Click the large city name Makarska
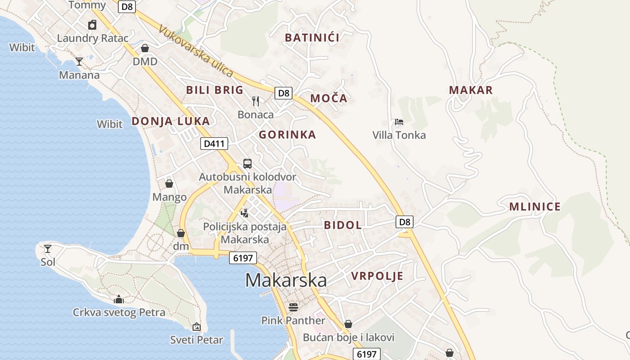286,280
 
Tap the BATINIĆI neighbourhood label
312,38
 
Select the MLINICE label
535,207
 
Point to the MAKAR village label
471,90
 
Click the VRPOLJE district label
377,276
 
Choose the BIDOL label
342,225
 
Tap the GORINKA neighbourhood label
287,135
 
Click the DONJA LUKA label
171,121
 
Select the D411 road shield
214,144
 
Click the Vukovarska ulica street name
196,51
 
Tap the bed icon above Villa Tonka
399,121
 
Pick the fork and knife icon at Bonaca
256,101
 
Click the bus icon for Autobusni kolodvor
247,164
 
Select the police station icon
244,213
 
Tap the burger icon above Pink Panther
293,307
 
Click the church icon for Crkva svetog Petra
119,299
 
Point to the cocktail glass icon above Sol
48,248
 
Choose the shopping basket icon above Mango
169,184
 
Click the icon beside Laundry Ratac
92,25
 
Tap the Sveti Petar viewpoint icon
196,327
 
